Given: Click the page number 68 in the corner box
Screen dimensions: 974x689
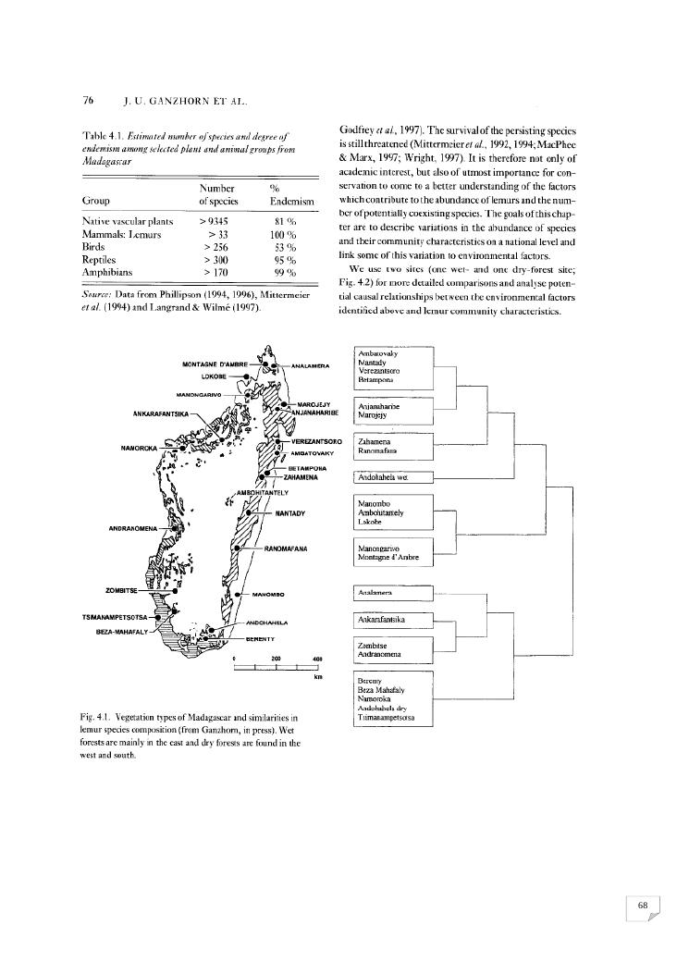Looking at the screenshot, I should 642,906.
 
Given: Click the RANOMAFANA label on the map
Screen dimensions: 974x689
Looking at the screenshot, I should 286,549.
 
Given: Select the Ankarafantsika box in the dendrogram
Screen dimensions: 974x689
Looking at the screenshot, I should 382,618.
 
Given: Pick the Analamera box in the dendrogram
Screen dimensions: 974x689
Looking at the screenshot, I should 375,592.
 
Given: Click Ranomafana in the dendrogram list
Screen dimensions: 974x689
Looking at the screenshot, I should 377,451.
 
